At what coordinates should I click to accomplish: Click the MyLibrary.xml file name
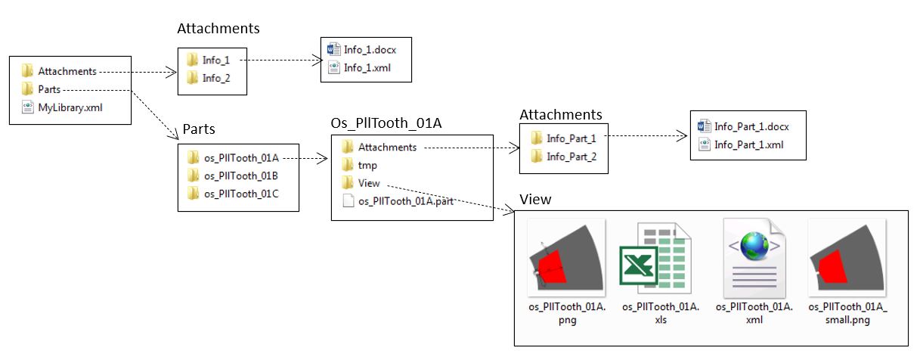70,107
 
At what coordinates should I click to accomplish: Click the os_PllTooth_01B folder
241,175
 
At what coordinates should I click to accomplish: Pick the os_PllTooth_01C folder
241,194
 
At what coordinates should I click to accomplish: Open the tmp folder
367,165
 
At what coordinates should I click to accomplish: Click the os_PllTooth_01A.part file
405,201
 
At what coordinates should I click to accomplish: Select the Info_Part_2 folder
571,157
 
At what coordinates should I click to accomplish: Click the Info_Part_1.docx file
751,126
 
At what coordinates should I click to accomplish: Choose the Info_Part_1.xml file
748,144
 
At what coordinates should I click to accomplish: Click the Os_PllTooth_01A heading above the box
386,123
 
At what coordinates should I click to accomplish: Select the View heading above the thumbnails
535,200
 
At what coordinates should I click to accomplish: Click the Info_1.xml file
367,68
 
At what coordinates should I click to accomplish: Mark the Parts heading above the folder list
199,129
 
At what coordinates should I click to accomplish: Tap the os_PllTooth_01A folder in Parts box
241,157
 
